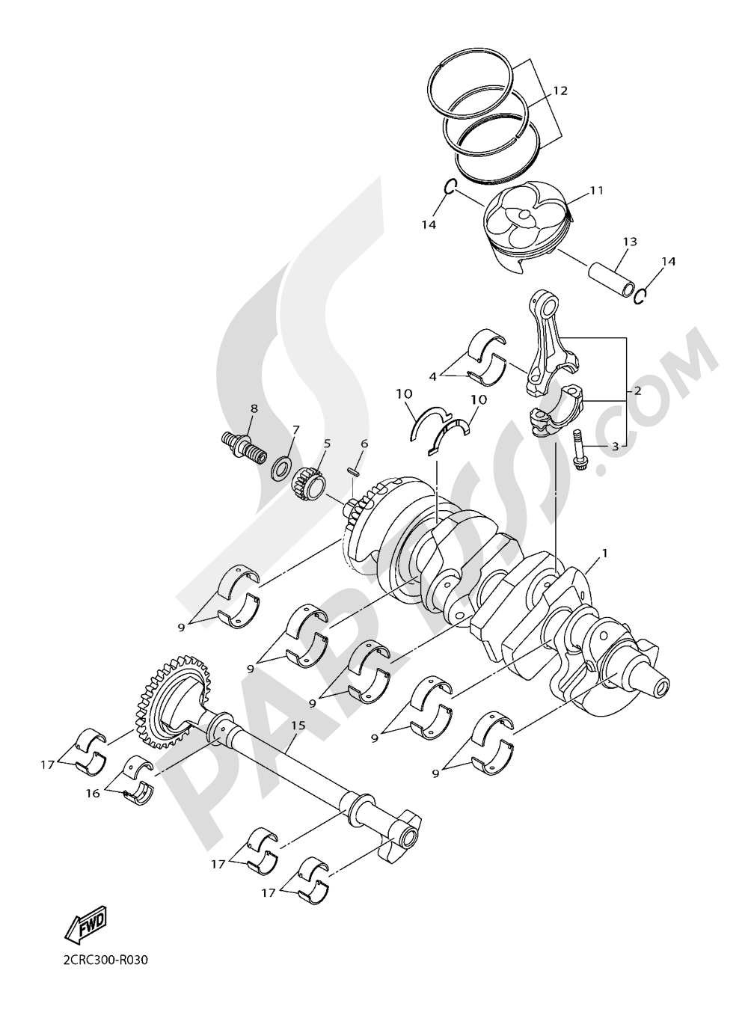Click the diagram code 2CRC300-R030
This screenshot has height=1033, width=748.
[x=101, y=981]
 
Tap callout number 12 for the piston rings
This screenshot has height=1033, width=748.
[x=560, y=91]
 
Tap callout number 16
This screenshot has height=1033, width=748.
[x=92, y=794]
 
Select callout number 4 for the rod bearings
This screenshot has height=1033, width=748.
[x=432, y=377]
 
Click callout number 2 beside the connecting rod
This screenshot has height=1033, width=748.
[x=636, y=390]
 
